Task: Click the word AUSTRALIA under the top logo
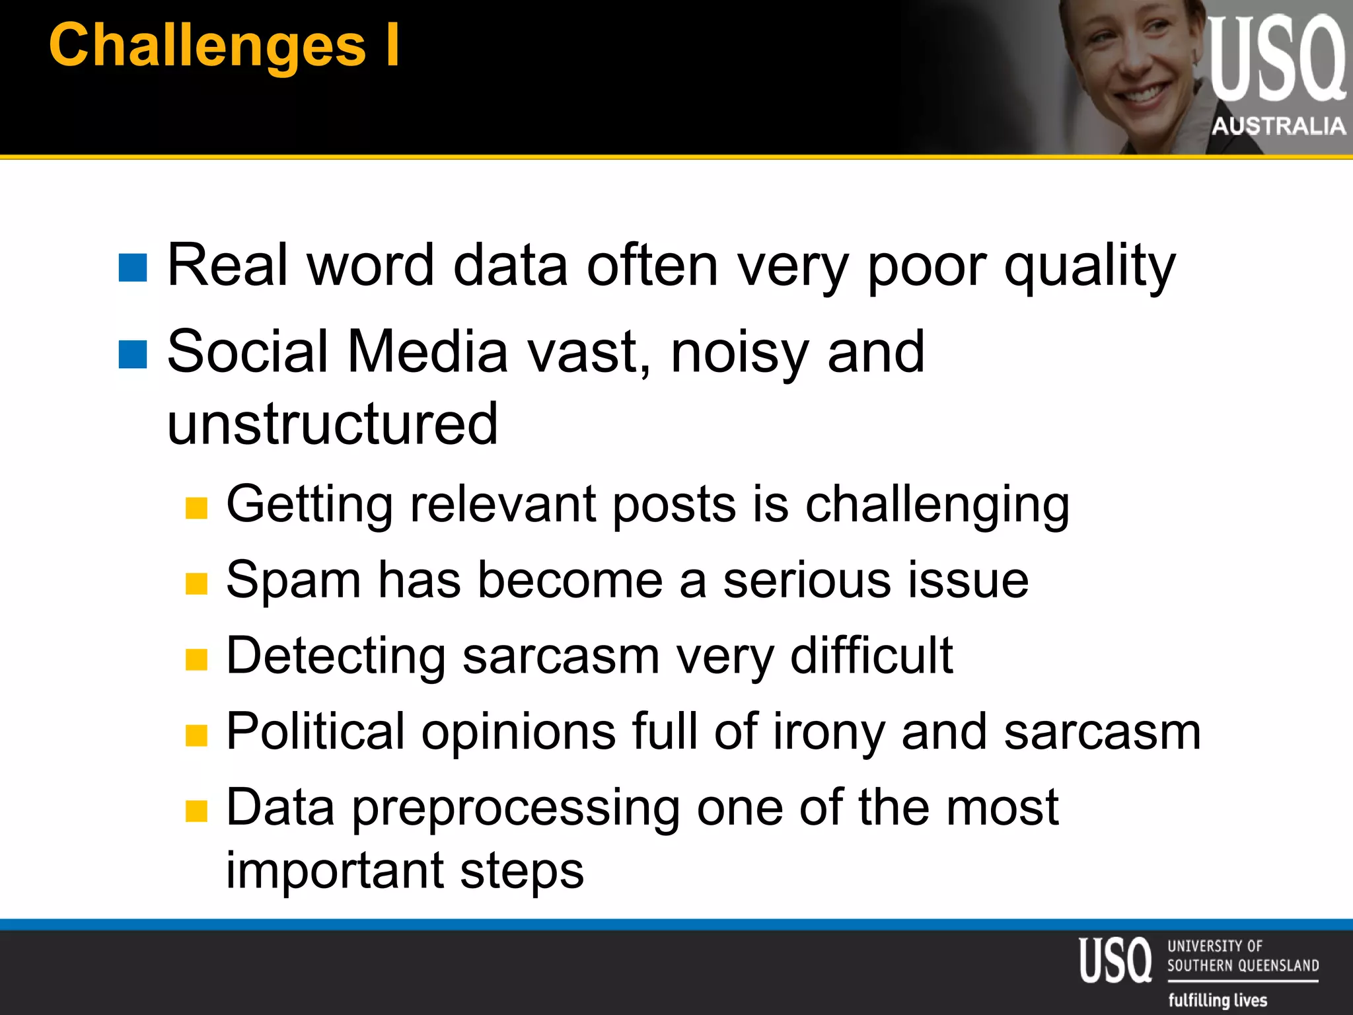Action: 1278,126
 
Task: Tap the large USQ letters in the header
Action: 1276,59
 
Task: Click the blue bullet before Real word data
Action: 133,268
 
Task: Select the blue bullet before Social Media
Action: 133,354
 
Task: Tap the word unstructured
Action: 332,424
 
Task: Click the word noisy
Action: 739,353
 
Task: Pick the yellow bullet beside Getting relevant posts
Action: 196,508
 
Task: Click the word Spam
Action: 293,580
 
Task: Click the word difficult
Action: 871,656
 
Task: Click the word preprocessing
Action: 515,808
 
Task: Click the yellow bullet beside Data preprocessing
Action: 196,811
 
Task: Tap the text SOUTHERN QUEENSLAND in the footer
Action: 1243,965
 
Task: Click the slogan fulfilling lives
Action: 1218,1000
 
